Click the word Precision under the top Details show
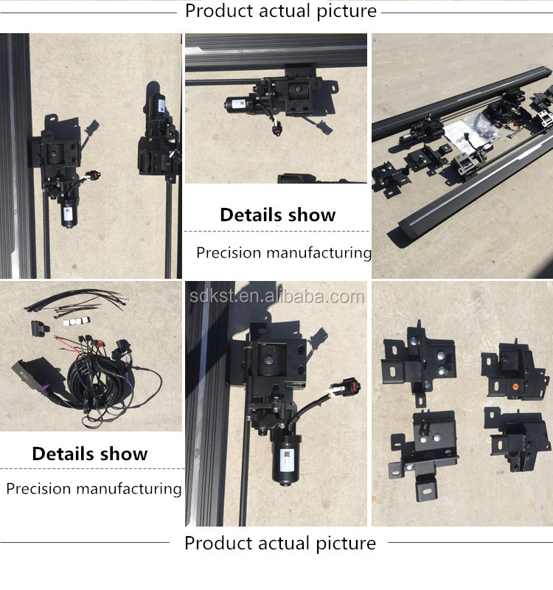228,253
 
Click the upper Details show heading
277,215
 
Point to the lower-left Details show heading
90,454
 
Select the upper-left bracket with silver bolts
418,362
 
